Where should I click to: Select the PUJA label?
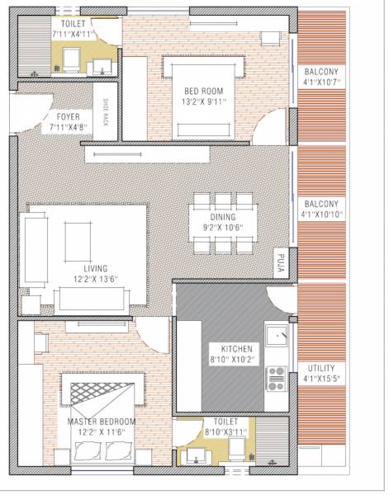(x=282, y=262)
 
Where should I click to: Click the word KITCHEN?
(x=225, y=347)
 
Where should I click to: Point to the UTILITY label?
(x=321, y=368)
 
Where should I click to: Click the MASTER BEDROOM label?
(x=101, y=422)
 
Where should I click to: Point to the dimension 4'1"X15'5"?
(x=321, y=379)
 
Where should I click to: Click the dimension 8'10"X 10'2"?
(x=225, y=360)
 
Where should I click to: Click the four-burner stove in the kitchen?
(x=275, y=378)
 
